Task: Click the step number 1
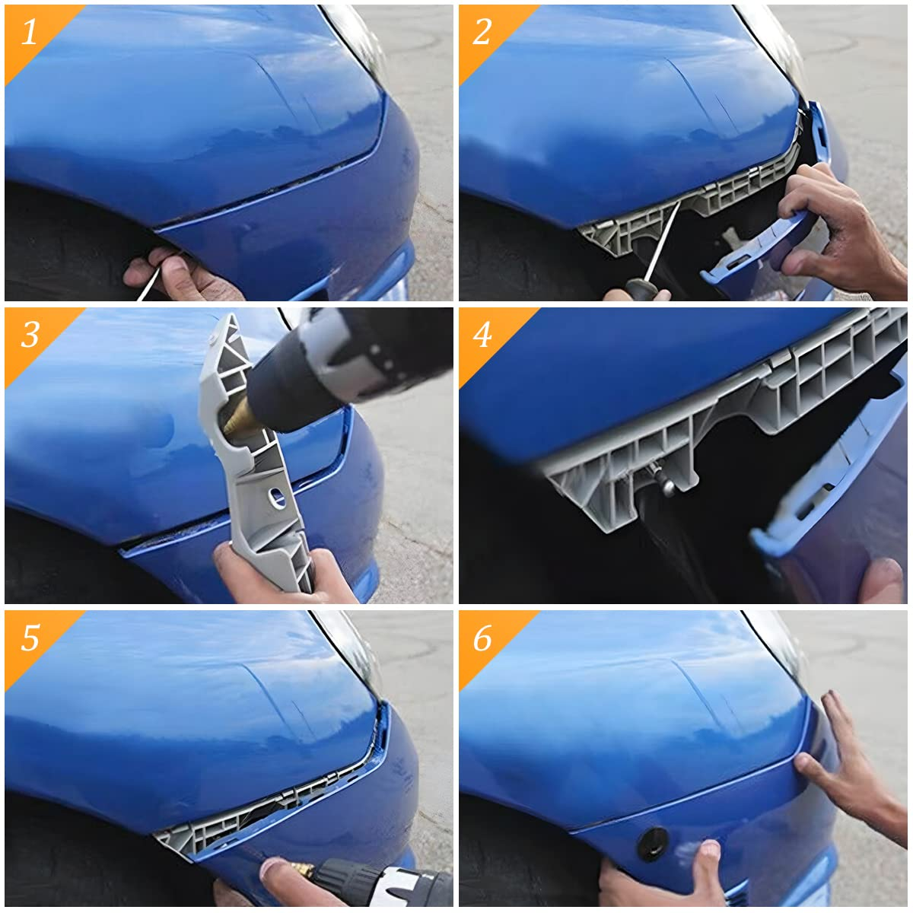tap(29, 32)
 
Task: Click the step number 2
tap(482, 32)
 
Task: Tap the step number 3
tap(30, 335)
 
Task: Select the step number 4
tap(482, 335)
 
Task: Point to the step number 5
tap(30, 638)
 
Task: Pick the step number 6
tap(482, 638)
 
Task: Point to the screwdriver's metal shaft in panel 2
tap(661, 242)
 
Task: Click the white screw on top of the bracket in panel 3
tap(213, 339)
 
